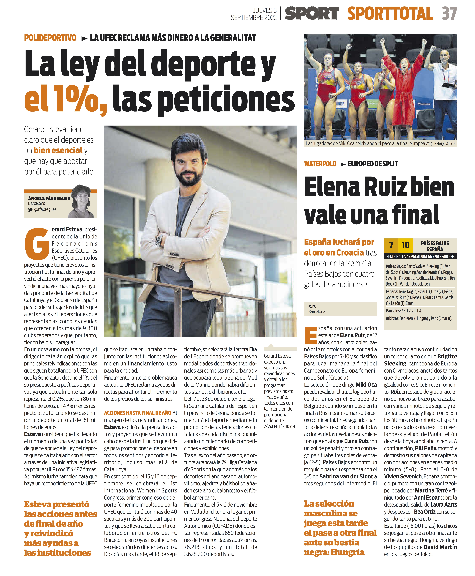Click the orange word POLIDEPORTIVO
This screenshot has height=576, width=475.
[x=50, y=38]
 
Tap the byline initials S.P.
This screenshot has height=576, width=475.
[x=312, y=307]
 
